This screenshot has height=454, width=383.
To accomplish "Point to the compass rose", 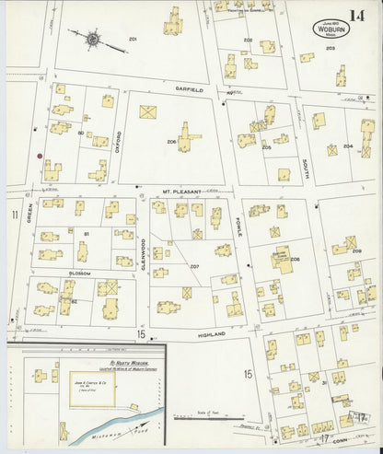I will [94, 40].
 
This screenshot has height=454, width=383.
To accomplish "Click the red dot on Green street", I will [39, 156].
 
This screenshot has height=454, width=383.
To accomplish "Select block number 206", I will [171, 141].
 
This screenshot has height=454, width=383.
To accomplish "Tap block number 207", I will [194, 267].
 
